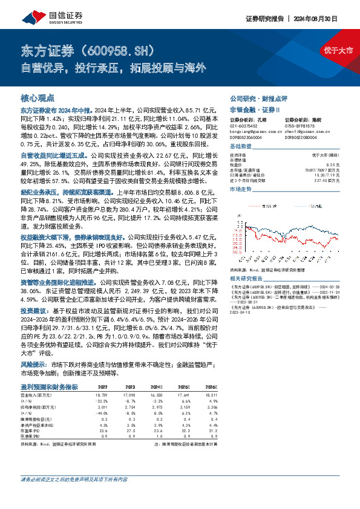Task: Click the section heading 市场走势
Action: click(x=241, y=190)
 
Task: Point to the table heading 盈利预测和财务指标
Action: click(x=50, y=386)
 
